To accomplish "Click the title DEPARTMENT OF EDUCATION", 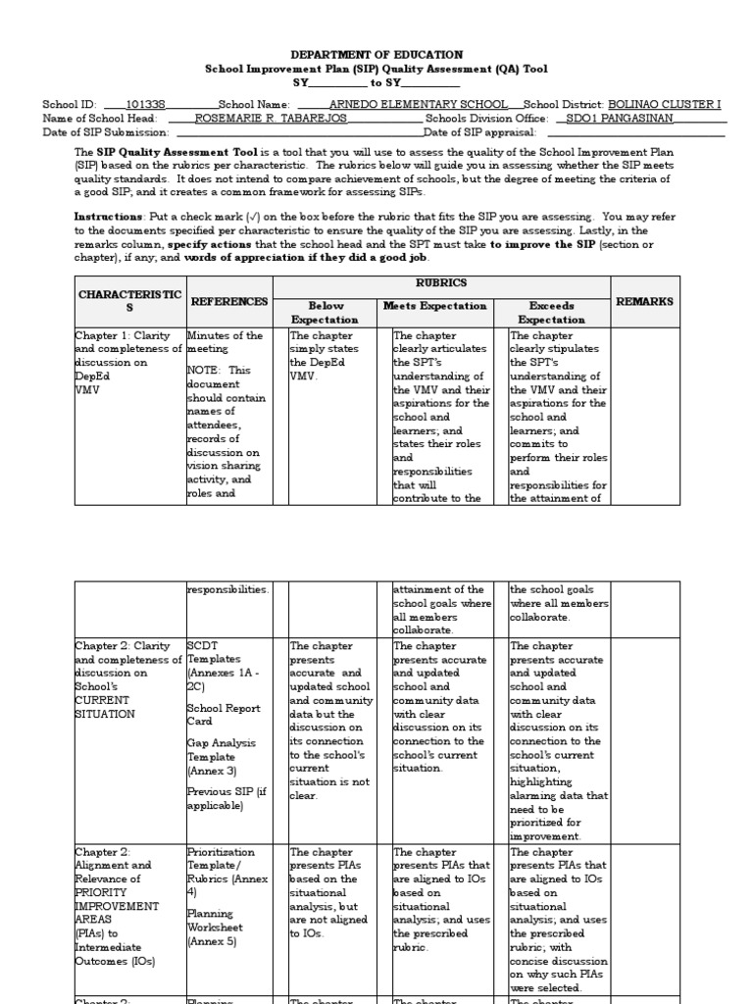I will [376, 55].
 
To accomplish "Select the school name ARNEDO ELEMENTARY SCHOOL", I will [419, 104].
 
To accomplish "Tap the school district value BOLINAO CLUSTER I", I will [665, 104].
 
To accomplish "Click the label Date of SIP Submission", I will [106, 132].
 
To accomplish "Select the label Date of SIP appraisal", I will [479, 132].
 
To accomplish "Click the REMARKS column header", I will [644, 301].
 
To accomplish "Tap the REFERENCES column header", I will [228, 301].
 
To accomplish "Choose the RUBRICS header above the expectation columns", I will [441, 282].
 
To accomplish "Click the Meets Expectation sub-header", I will [434, 306].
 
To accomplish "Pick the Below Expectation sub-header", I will [326, 313].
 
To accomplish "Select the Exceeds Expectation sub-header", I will [551, 313].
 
